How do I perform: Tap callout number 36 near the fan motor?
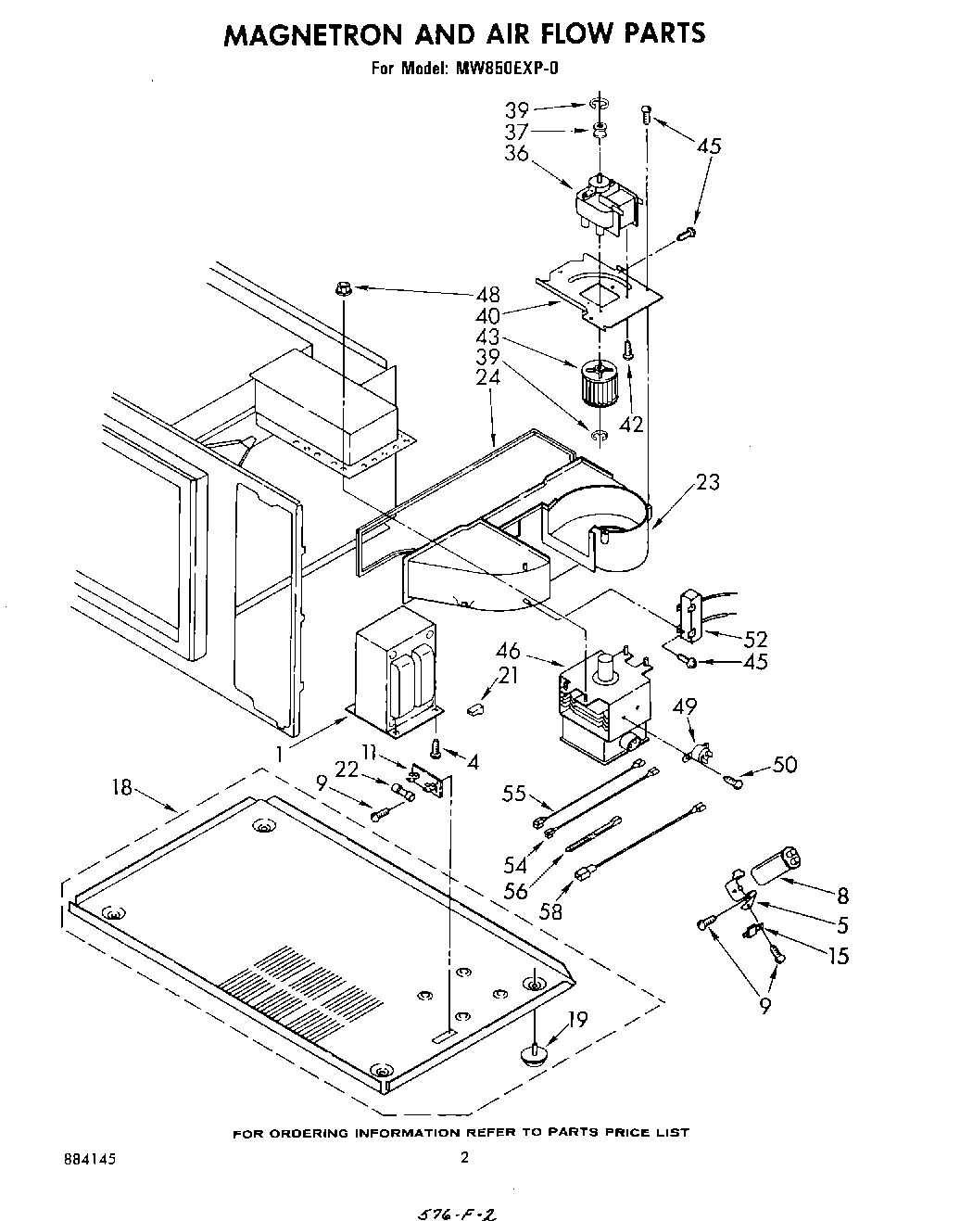click(x=516, y=154)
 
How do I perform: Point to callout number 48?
click(x=487, y=296)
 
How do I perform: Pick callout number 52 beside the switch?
click(x=757, y=639)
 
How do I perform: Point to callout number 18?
click(x=122, y=789)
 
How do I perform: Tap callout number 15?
click(x=838, y=956)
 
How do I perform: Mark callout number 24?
click(x=487, y=378)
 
